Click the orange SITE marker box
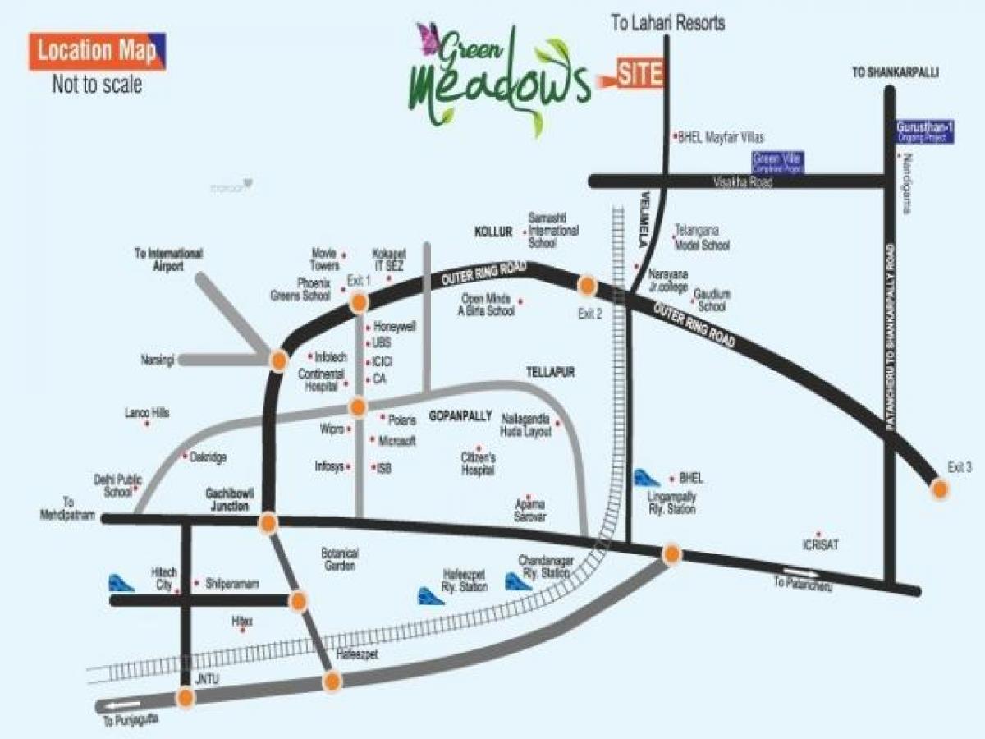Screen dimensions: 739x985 coord(639,74)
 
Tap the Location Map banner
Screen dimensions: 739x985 coord(97,52)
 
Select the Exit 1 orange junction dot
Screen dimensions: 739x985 coord(359,303)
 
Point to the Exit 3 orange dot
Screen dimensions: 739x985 coord(939,490)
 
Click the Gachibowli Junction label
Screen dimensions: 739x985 coord(227,500)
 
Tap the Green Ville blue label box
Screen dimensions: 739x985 coord(778,162)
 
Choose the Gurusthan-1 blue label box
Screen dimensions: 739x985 coord(925,133)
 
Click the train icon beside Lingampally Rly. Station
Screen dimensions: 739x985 coord(646,478)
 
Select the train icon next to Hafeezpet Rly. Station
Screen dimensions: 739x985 coord(430,595)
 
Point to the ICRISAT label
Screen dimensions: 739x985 coord(820,544)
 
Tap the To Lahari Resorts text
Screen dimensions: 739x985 coord(667,23)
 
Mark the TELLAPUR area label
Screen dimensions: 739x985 coord(550,373)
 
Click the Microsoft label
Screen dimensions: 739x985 coord(397,441)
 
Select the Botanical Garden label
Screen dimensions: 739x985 coord(339,560)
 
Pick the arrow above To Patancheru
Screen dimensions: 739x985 coord(799,572)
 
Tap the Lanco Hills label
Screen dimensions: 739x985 coord(147,413)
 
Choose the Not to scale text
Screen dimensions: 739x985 coord(97,85)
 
